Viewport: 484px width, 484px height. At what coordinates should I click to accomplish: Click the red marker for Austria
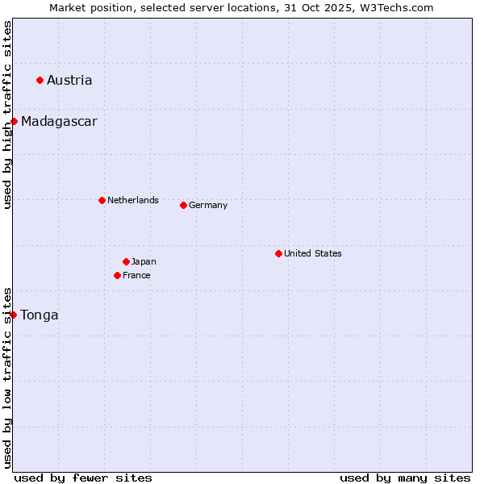click(x=40, y=80)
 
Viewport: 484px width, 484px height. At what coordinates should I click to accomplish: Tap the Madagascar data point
click(x=14, y=121)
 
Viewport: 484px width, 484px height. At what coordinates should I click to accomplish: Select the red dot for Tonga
click(x=14, y=315)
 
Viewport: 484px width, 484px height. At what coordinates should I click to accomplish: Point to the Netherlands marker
click(x=102, y=200)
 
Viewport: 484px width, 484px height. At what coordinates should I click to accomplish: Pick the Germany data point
click(x=183, y=205)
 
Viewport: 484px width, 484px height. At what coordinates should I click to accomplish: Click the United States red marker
click(x=278, y=253)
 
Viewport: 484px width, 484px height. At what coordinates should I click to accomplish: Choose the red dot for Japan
click(x=126, y=261)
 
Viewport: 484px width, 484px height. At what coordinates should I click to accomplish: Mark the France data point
click(x=118, y=275)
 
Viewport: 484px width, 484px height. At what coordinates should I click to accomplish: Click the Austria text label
click(x=69, y=80)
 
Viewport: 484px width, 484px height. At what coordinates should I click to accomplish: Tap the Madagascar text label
click(x=59, y=122)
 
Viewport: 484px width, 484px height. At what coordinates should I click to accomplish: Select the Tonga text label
click(x=40, y=315)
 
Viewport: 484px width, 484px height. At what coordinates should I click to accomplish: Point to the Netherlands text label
click(x=133, y=200)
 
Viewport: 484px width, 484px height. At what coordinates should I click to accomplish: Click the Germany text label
click(x=208, y=205)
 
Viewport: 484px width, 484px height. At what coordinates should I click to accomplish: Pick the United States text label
click(x=313, y=253)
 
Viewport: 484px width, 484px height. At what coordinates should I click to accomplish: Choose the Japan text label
click(x=144, y=261)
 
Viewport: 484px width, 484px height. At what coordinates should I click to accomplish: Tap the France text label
click(x=136, y=275)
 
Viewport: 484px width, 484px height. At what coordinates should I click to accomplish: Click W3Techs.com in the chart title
click(x=395, y=7)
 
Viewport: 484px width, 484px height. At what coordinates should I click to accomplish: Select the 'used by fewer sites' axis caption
click(x=83, y=478)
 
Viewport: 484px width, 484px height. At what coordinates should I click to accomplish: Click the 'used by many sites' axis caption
click(x=405, y=478)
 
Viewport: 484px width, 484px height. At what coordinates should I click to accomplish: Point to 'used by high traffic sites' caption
click(x=7, y=115)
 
